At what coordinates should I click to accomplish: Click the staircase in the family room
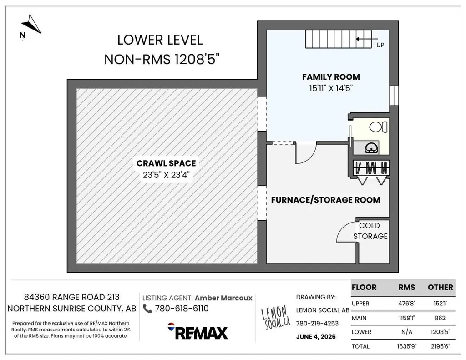pyautogui.click(x=339, y=39)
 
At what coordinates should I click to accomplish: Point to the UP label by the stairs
pyautogui.click(x=380, y=45)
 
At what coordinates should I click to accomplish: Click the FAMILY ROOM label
pyautogui.click(x=331, y=77)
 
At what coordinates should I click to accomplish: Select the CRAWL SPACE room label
pyautogui.click(x=166, y=163)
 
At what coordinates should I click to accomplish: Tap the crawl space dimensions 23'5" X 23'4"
pyautogui.click(x=166, y=175)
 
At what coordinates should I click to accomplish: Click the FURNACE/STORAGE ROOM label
pyautogui.click(x=325, y=200)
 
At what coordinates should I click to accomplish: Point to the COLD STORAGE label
pyautogui.click(x=370, y=231)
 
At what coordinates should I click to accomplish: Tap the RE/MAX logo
pyautogui.click(x=198, y=331)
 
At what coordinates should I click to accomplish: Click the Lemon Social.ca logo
pyautogui.click(x=275, y=318)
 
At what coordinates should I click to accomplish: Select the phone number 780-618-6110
pyautogui.click(x=182, y=309)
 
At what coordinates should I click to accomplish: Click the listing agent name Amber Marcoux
pyautogui.click(x=223, y=298)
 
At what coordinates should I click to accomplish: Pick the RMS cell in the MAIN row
pyautogui.click(x=406, y=318)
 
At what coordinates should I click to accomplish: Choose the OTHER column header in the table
pyautogui.click(x=440, y=287)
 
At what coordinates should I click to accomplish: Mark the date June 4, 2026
pyautogui.click(x=316, y=336)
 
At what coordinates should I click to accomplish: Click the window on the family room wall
pyautogui.click(x=394, y=95)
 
